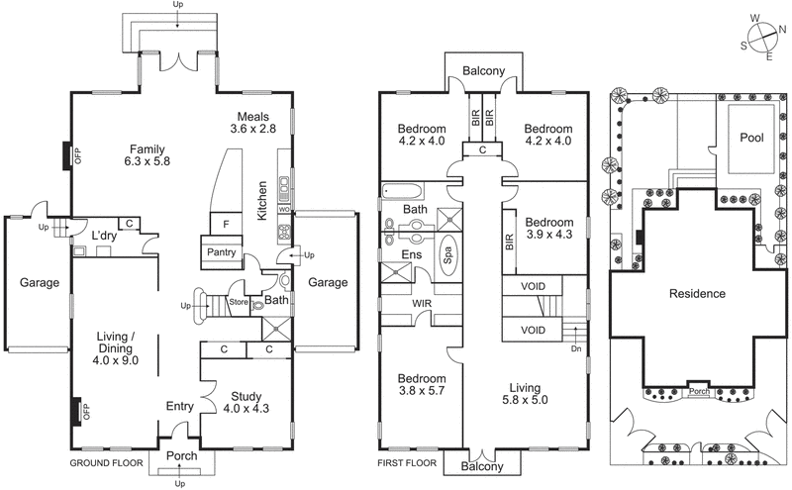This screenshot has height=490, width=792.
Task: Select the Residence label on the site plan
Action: [x=697, y=294]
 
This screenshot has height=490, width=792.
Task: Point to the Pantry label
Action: [x=220, y=252]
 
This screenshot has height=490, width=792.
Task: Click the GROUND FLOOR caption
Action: [x=106, y=463]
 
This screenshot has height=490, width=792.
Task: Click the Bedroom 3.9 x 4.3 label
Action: [x=548, y=229]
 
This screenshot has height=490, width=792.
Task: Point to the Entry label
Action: [x=180, y=405]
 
